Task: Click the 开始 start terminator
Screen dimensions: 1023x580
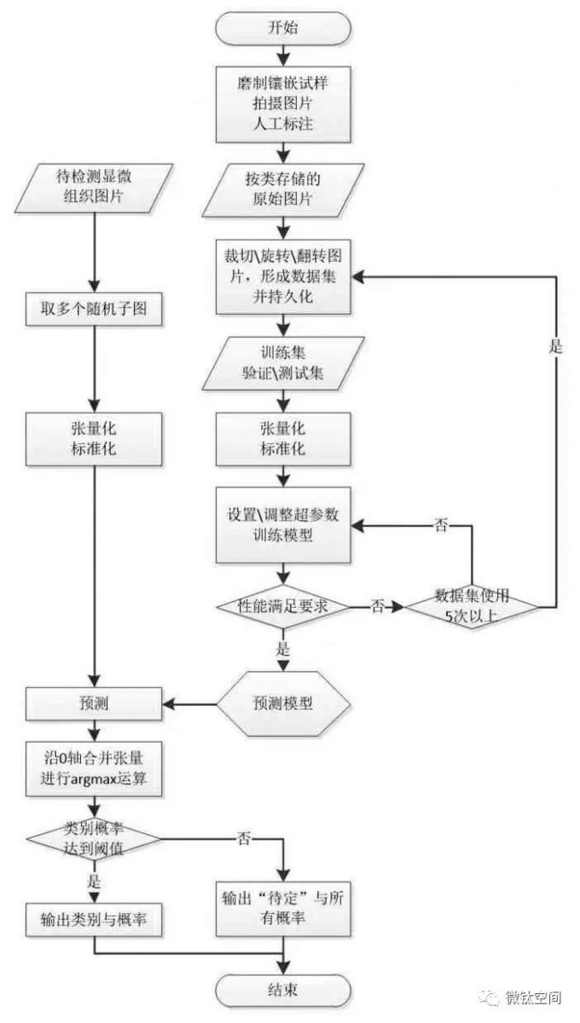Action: [283, 29]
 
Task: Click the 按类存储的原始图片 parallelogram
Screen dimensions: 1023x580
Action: [283, 194]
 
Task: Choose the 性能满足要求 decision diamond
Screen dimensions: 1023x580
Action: [283, 606]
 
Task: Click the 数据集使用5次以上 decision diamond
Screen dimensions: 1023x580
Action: [471, 606]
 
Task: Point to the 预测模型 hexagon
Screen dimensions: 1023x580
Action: [283, 704]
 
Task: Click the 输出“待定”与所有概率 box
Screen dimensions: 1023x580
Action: [283, 910]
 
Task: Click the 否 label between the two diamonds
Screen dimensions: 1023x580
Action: [377, 606]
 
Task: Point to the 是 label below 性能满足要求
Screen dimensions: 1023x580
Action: [284, 649]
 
